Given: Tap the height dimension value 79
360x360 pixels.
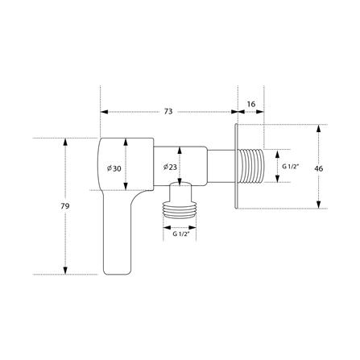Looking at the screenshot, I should click(65, 206).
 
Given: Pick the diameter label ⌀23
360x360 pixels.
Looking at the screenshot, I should click(170, 168).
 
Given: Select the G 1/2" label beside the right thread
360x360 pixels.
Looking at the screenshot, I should click(291, 167).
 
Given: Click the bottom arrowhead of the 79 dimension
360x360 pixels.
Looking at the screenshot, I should click(65, 272).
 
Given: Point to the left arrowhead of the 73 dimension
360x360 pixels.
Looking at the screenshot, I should click(102, 113).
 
